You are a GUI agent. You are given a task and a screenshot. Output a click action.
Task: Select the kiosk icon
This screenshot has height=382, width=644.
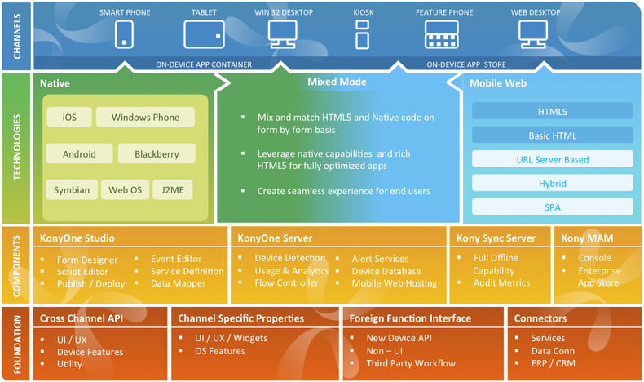(363, 34)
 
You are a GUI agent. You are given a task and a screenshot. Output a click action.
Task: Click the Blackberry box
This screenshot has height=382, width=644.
(157, 153)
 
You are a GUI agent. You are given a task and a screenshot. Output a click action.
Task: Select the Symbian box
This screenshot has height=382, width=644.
(72, 190)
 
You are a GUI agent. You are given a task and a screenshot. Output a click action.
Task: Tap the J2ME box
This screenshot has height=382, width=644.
(173, 190)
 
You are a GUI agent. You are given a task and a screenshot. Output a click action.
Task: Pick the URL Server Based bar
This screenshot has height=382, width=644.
(552, 159)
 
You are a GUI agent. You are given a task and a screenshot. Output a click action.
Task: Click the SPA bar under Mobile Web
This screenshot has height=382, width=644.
(552, 207)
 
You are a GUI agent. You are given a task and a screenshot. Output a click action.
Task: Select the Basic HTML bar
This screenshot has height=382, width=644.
(552, 135)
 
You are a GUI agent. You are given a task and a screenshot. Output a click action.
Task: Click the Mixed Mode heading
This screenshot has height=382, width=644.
(337, 82)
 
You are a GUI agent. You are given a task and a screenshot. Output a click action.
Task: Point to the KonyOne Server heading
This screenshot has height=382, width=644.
(276, 238)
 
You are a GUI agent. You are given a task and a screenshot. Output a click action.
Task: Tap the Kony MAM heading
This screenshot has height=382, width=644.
(585, 238)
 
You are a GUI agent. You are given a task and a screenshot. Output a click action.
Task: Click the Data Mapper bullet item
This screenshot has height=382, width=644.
(178, 284)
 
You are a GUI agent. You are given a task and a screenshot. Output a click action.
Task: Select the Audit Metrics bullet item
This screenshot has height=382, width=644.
(503, 283)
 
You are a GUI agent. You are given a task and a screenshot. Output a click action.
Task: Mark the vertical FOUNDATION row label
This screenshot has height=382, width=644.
(16, 342)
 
